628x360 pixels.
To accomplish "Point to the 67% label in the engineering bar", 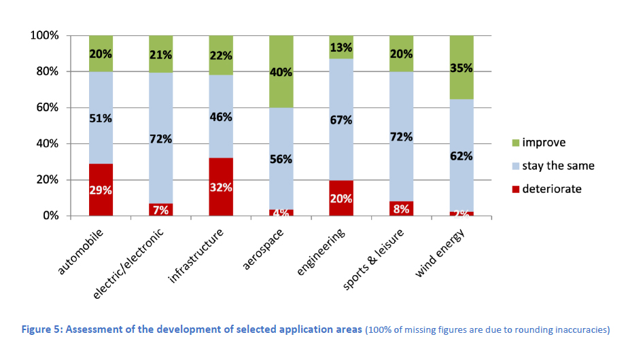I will click(x=341, y=120).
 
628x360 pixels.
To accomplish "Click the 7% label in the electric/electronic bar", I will click(x=160, y=209).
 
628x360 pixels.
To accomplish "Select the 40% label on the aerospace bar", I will click(x=281, y=73).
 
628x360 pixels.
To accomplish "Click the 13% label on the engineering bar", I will click(x=341, y=47).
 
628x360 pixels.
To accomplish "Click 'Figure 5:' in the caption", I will click(x=43, y=330).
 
